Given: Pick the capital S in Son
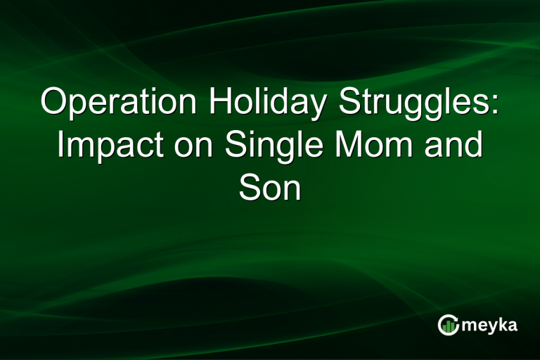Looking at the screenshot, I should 248,188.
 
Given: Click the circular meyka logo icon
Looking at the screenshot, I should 448,325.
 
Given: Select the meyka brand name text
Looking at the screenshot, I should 488,326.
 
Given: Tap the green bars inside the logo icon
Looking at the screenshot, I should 449,326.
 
